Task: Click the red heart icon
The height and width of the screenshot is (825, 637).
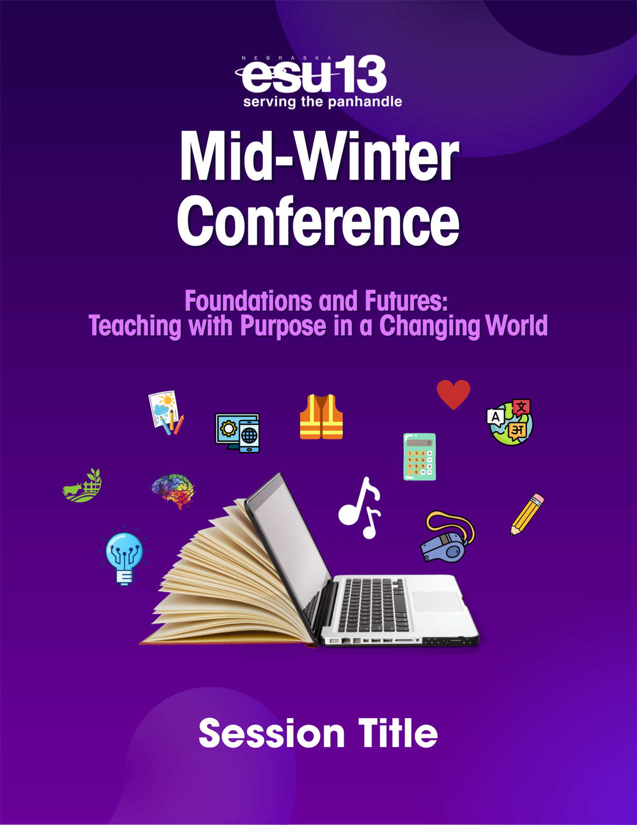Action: point(454,394)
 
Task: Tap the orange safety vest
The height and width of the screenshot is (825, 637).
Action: point(322,417)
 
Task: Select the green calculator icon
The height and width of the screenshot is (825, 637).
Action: point(420,457)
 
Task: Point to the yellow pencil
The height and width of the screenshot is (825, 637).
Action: point(527,515)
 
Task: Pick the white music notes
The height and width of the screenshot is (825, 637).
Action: point(360,507)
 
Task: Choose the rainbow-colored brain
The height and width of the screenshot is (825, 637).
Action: point(173,490)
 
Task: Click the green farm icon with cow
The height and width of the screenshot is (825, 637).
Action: point(82,486)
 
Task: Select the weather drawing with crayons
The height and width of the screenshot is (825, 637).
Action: point(166,412)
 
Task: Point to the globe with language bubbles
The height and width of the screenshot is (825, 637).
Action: point(510,422)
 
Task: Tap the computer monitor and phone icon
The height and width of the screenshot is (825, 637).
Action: point(238,433)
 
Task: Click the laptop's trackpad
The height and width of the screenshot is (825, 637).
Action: point(437,601)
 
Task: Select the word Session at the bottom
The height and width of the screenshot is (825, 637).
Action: point(272,733)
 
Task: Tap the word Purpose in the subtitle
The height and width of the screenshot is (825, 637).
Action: point(283,325)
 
